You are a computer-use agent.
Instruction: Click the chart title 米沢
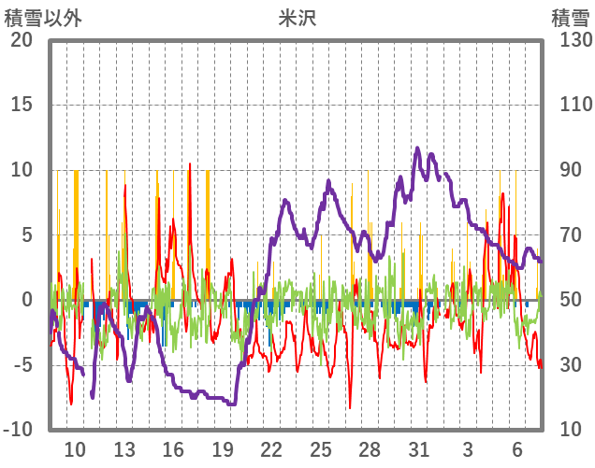pos(297,17)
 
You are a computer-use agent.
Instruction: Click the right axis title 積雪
pos(569,17)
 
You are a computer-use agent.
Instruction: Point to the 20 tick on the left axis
pos(20,40)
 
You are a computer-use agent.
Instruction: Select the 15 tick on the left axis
pos(20,105)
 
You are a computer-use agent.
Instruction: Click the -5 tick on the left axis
pos(20,365)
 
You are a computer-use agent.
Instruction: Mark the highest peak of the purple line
pos(417,148)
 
